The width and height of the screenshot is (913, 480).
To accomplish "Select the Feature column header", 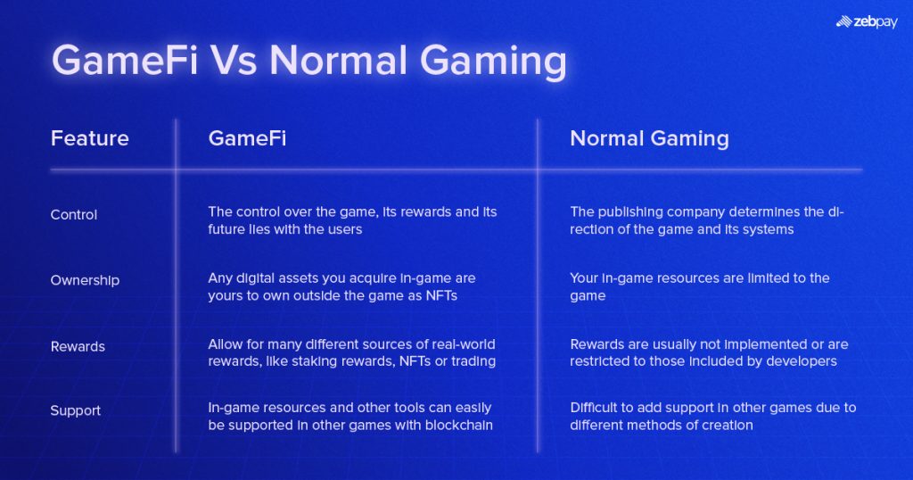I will click(89, 138).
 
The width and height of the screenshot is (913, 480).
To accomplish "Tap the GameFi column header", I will click(247, 138).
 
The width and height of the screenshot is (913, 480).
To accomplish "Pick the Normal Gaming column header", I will click(649, 138).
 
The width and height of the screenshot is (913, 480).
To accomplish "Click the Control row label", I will click(74, 214).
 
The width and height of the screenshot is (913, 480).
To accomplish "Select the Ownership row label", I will click(85, 280).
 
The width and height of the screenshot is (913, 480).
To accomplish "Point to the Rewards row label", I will click(78, 346).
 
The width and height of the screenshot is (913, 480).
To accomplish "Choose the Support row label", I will click(76, 410).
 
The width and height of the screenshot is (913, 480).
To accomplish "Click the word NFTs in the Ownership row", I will click(438, 295).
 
